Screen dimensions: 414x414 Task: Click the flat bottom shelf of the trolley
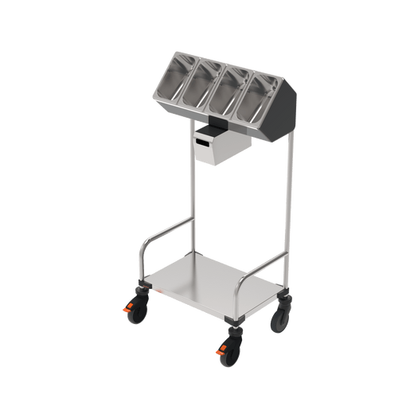coord(215,285)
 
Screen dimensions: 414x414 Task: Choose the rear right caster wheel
coord(281,318)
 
